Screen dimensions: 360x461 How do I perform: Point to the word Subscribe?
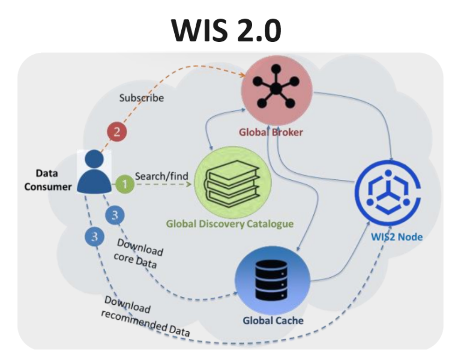point(141,98)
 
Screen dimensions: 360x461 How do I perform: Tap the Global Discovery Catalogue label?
point(230,224)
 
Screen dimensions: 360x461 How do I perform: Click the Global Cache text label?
point(273,320)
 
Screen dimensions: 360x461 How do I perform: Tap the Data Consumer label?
point(47,180)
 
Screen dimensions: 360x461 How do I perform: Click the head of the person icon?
point(94,159)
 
